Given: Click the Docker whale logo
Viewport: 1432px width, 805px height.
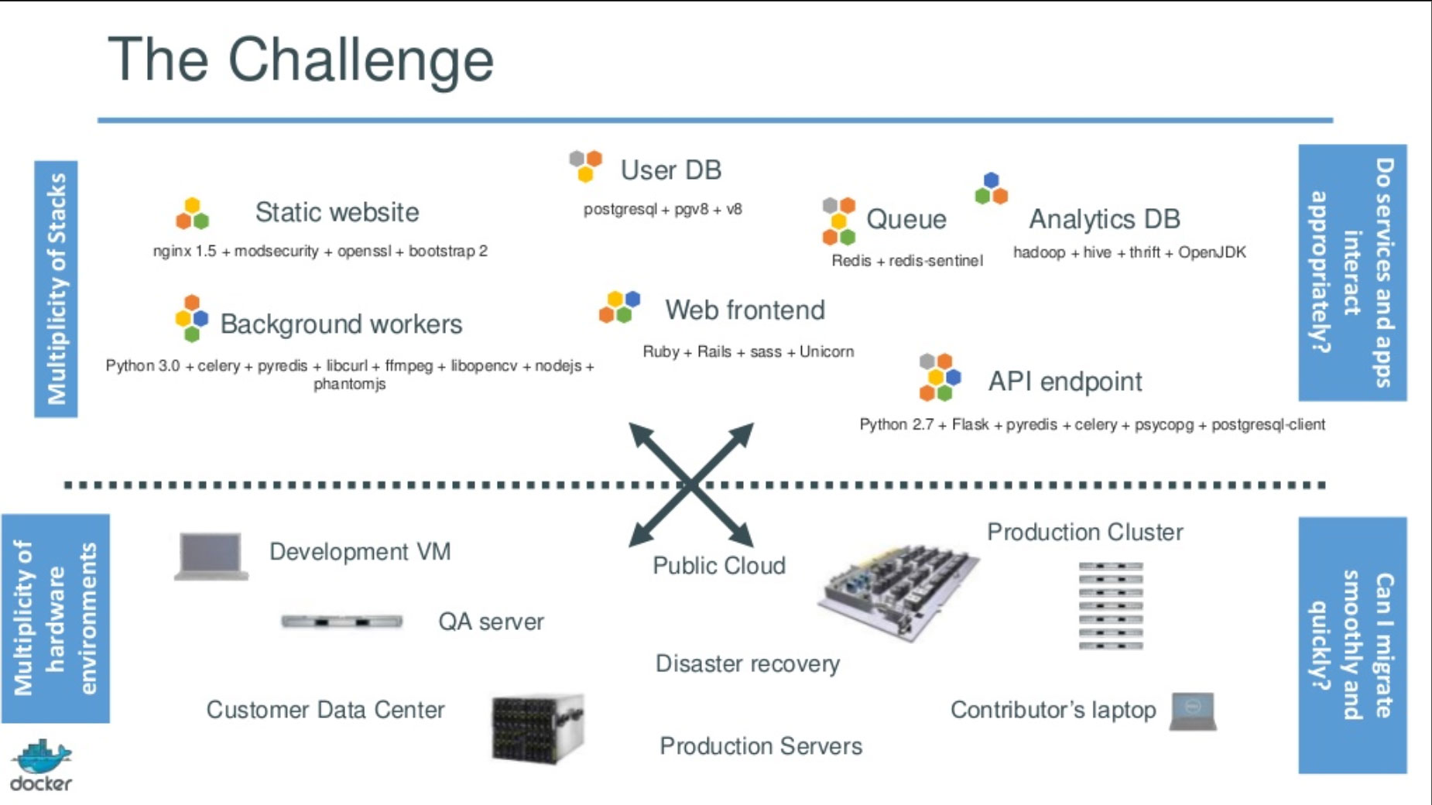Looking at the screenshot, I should pyautogui.click(x=43, y=757).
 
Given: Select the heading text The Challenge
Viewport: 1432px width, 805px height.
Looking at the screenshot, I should pyautogui.click(x=300, y=60).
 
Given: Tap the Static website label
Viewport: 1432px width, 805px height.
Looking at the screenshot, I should pyautogui.click(x=337, y=212).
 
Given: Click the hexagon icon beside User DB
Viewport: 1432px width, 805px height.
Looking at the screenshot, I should pyautogui.click(x=586, y=166).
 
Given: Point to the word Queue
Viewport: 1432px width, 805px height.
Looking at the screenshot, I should pyautogui.click(x=906, y=219).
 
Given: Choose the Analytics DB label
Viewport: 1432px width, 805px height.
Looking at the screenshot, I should pyautogui.click(x=1104, y=219).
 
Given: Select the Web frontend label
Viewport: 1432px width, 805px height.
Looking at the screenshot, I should pyautogui.click(x=745, y=310).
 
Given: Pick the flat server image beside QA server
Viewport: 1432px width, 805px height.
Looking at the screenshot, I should pyautogui.click(x=341, y=621).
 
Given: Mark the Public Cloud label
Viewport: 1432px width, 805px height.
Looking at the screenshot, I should pyautogui.click(x=718, y=566).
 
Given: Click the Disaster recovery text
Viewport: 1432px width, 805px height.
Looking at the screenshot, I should pyautogui.click(x=747, y=663).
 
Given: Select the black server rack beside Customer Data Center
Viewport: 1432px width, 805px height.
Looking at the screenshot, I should pyautogui.click(x=537, y=728).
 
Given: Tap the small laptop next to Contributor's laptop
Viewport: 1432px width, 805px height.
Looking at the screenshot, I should pyautogui.click(x=1193, y=711).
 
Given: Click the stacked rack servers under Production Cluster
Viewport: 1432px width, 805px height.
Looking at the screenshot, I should pyautogui.click(x=1111, y=605).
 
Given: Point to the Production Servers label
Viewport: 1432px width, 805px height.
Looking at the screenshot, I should pyautogui.click(x=760, y=746).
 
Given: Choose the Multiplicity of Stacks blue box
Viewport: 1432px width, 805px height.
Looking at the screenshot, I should pyautogui.click(x=56, y=289).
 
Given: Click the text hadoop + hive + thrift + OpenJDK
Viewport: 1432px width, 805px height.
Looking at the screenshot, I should pyautogui.click(x=1129, y=252).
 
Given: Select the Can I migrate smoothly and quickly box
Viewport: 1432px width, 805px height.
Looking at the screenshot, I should pyautogui.click(x=1352, y=645).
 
